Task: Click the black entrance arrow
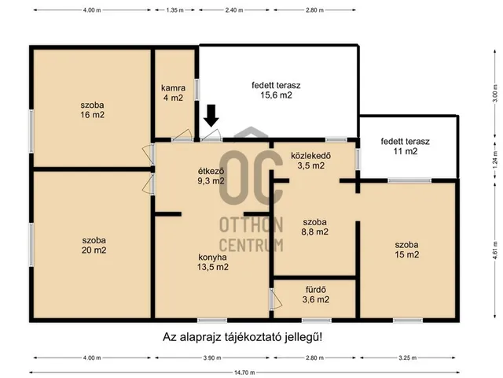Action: (211, 116)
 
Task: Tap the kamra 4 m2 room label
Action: (173, 93)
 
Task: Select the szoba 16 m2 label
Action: (93, 110)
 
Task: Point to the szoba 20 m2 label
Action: (94, 245)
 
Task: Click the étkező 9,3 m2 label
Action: (211, 176)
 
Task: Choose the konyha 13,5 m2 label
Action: (213, 262)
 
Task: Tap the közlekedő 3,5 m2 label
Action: (311, 161)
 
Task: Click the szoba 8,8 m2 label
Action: (314, 227)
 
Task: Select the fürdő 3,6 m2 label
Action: (316, 295)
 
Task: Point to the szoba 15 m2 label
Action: (407, 250)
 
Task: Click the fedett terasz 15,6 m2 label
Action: (276, 91)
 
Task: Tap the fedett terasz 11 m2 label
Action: (406, 146)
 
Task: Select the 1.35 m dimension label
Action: (174, 10)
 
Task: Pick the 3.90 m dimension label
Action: (212, 358)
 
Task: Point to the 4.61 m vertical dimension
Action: (495, 250)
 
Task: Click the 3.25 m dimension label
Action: (408, 358)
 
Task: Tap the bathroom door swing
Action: (276, 299)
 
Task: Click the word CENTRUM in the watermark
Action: (251, 245)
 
